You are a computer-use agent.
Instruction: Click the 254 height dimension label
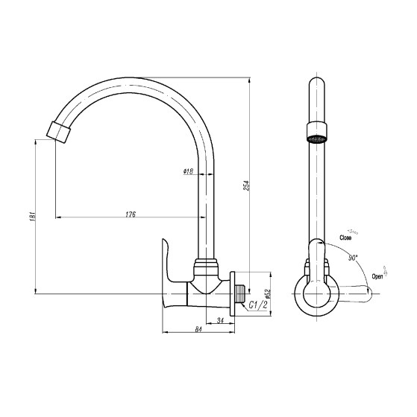[x=247, y=185]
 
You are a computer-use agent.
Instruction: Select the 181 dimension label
[x=33, y=217]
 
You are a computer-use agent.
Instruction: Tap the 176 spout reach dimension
[x=131, y=214]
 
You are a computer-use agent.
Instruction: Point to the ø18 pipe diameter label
[x=188, y=171]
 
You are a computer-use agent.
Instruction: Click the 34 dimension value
[x=220, y=320]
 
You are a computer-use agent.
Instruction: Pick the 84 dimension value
[x=198, y=329]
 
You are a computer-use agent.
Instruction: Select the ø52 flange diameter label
[x=268, y=294]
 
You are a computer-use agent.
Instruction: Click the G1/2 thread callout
[x=257, y=305]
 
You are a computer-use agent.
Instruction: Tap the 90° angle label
[x=353, y=258]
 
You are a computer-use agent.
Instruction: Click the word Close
[x=345, y=238]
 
